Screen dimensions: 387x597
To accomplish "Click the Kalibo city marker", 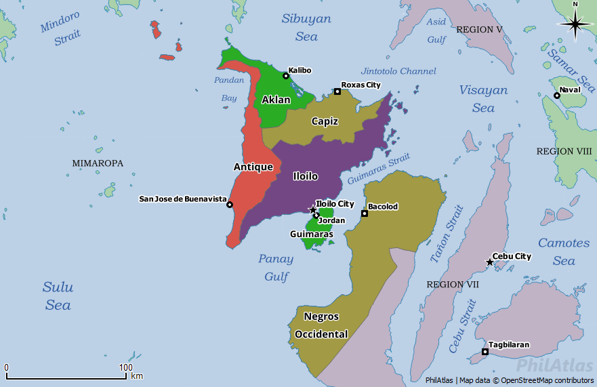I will point(286,76).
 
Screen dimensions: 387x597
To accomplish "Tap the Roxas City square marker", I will point(337,91).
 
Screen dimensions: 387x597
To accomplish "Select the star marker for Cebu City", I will point(489,262).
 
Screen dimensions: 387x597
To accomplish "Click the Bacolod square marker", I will point(364,213).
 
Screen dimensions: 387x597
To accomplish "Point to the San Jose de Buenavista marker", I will point(230,205).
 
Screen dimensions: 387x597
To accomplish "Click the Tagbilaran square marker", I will point(485,351).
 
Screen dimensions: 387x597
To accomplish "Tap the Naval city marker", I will point(556,96).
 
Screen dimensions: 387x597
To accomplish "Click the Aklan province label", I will point(276,100).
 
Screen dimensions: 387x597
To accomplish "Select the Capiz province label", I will point(325,121).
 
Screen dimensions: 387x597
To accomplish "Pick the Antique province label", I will point(253,167).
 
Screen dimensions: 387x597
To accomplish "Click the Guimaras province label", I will point(312,235).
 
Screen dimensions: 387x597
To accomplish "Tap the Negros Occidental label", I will point(321,325).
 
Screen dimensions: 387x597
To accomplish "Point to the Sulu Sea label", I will point(58,296).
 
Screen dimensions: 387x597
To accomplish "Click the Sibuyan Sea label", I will point(306,27).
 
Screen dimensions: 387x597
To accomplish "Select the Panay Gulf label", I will point(276,268).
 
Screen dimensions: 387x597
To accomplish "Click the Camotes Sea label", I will point(563,251).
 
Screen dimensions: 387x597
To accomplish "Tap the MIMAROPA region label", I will point(98,163).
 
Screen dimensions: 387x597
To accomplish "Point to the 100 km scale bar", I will point(66,377).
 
